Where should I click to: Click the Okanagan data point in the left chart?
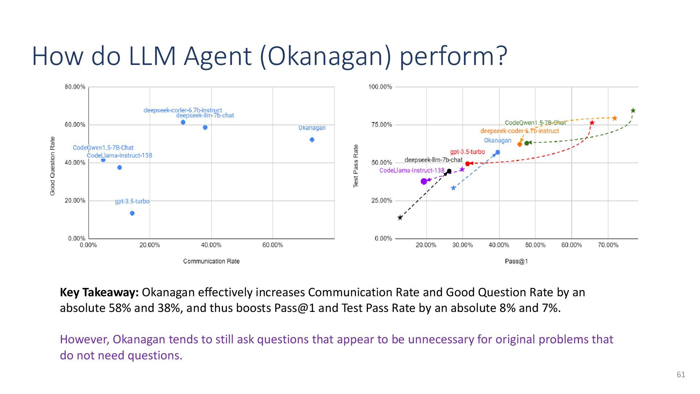pos(312,140)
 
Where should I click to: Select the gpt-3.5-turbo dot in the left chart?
pos(132,213)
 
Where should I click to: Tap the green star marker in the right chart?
pos(633,111)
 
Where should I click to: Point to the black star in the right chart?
pos(400,218)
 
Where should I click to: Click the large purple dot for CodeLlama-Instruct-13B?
pos(424,181)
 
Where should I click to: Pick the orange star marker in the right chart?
pos(615,118)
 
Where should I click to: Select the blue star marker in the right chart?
pos(453,188)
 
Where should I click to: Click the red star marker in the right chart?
pos(592,123)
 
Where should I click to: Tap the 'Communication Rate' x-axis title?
pos(211,261)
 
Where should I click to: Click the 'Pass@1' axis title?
pos(516,261)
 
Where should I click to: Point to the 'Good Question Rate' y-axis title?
pos(52,166)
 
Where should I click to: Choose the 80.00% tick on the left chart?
pos(75,87)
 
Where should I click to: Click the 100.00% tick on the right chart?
pos(380,87)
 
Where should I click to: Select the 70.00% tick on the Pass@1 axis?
pos(608,245)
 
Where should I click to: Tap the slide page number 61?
pos(681,375)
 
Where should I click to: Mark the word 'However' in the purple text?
pos(85,340)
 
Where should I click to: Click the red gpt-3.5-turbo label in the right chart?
pos(467,152)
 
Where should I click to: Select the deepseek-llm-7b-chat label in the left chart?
pos(205,116)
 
